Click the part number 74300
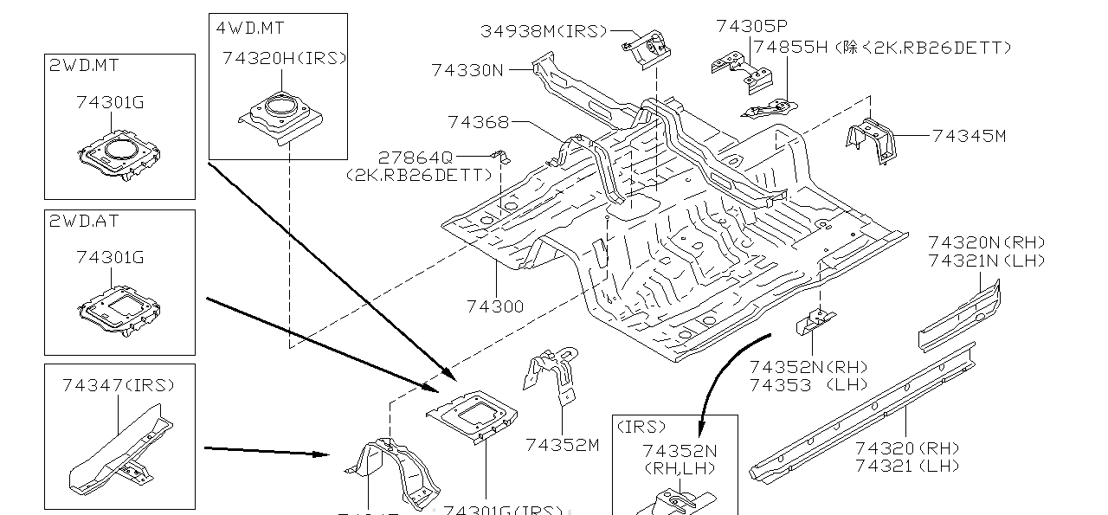(x=495, y=306)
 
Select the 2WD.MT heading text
(x=84, y=66)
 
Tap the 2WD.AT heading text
(x=84, y=222)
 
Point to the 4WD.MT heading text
(x=250, y=27)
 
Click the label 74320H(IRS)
(x=284, y=58)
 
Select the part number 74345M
(x=969, y=136)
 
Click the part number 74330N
(x=467, y=70)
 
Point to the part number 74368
(x=478, y=122)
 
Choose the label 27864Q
(x=415, y=157)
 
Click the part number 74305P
(x=751, y=27)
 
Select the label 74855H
(x=790, y=48)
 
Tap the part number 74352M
(x=562, y=445)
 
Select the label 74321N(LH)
(x=986, y=261)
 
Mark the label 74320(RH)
(x=907, y=447)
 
